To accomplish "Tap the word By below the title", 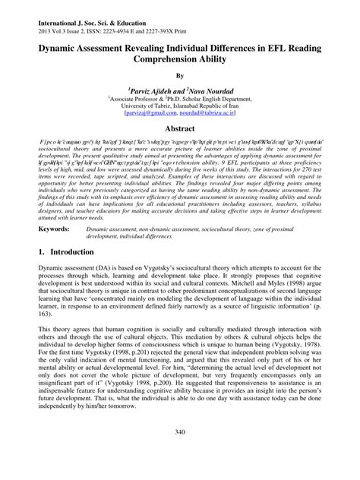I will [x=180, y=76].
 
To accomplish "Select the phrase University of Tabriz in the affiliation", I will [x=143, y=106].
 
